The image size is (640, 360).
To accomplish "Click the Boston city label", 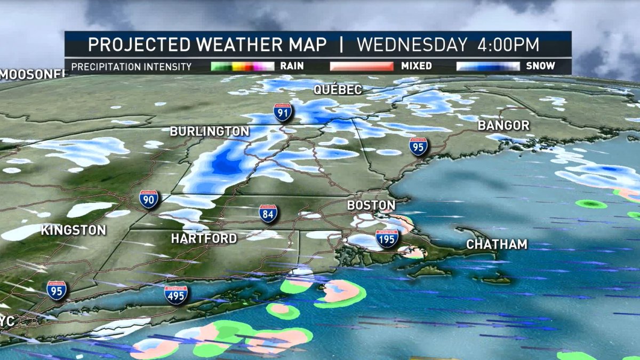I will pyautogui.click(x=371, y=205).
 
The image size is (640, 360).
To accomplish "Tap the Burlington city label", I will pyautogui.click(x=209, y=131).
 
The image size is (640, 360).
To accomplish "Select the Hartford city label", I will pyautogui.click(x=204, y=238).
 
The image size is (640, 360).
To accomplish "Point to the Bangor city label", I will pyautogui.click(x=503, y=126).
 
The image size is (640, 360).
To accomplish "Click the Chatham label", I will pyautogui.click(x=497, y=245).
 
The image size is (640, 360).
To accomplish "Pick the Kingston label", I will pyautogui.click(x=74, y=230).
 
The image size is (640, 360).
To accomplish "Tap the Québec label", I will pyautogui.click(x=338, y=90).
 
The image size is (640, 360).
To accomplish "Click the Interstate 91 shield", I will pyautogui.click(x=283, y=113).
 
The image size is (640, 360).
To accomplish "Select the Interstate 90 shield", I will pyautogui.click(x=149, y=199).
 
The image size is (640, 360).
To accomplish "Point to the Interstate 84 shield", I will pyautogui.click(x=268, y=213).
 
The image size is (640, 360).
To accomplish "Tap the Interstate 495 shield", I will pyautogui.click(x=176, y=294).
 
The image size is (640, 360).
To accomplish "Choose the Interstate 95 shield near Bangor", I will pyautogui.click(x=419, y=146).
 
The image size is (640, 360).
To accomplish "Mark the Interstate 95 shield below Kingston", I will pyautogui.click(x=57, y=290).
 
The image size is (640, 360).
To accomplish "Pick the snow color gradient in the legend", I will pyautogui.click(x=488, y=67).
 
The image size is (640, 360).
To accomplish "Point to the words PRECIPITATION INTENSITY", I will pyautogui.click(x=131, y=67).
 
